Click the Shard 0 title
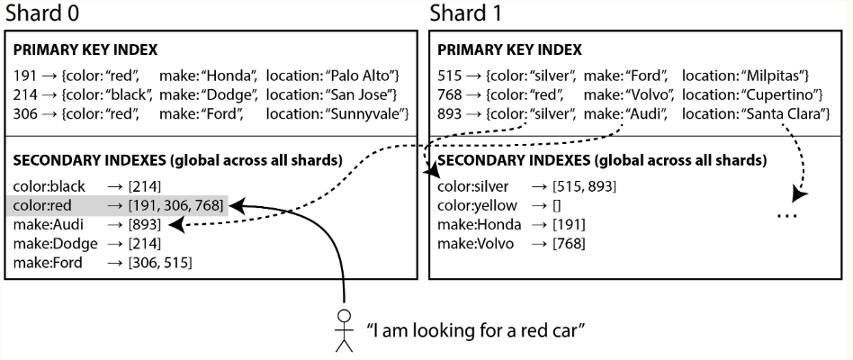click(42, 13)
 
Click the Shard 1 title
click(466, 13)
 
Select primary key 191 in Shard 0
click(24, 76)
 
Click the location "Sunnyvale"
click(367, 113)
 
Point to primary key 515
click(449, 76)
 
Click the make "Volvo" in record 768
click(653, 94)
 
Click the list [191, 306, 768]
click(175, 205)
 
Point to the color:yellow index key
click(477, 205)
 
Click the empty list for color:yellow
click(556, 205)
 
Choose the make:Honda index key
click(480, 225)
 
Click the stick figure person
click(344, 330)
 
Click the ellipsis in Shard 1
click(787, 216)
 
